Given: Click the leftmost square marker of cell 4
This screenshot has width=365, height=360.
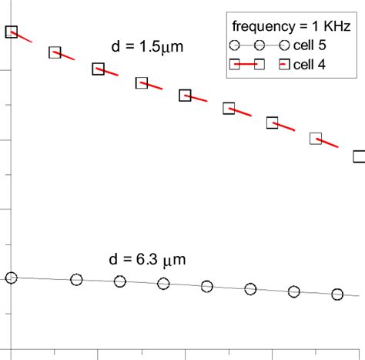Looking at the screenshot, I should click(11, 32).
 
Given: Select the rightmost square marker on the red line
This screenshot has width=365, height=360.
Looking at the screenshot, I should click(359, 156).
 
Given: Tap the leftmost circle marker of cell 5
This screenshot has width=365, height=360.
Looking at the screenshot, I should click(11, 278).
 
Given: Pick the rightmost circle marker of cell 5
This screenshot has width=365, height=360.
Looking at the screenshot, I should click(337, 294).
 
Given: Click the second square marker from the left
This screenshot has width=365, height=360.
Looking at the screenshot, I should click(55, 52).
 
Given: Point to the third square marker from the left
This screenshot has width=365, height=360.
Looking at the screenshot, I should click(98, 69).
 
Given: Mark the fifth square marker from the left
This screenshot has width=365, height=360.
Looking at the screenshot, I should click(185, 96).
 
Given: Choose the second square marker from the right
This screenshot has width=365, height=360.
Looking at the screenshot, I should click(316, 139).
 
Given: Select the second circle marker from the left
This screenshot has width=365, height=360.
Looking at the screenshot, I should click(76, 280).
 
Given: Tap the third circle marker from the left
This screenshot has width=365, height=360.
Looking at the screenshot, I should click(119, 281).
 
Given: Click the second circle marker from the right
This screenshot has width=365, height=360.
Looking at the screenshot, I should click(293, 291).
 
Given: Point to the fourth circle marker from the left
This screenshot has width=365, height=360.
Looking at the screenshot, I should click(163, 284).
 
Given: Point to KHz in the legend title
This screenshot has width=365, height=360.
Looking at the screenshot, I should click(337, 26).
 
